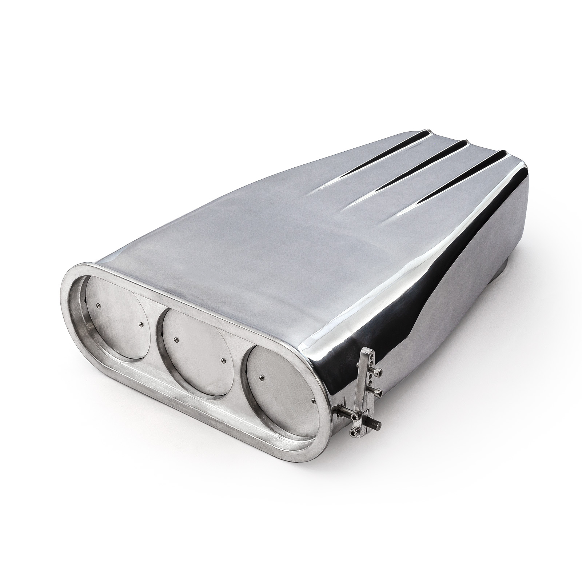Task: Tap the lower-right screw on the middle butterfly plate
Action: (223, 360)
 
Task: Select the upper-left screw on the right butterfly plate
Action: (261, 378)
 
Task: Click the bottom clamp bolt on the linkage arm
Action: (354, 432)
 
